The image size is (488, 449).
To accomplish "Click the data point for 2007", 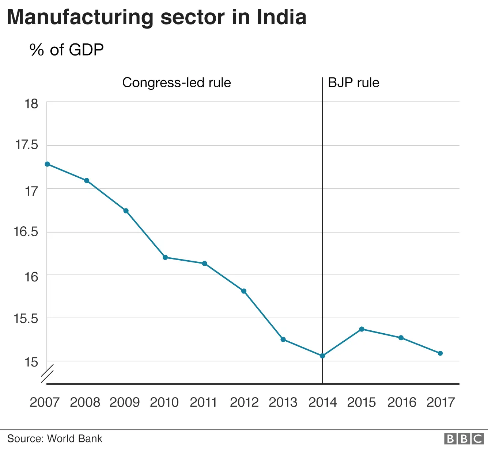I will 47,164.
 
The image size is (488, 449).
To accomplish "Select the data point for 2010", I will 165,257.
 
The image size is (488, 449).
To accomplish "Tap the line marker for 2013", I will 283,339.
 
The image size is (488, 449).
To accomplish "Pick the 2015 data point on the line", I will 362,329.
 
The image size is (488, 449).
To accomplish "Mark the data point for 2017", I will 440,353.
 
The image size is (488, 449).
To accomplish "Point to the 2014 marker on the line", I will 322,356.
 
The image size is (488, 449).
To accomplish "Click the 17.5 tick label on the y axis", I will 26,145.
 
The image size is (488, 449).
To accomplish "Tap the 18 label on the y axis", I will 31,104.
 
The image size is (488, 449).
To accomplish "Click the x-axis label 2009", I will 125,402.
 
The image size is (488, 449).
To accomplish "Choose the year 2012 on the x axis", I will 244,402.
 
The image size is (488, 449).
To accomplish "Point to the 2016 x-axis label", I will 402,402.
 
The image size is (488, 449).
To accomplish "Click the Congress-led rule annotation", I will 177,82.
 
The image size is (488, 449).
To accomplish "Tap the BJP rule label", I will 353,82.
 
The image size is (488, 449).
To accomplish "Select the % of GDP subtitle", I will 67,50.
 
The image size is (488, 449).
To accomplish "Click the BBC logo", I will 464,438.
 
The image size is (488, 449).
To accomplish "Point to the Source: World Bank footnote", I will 55,438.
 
